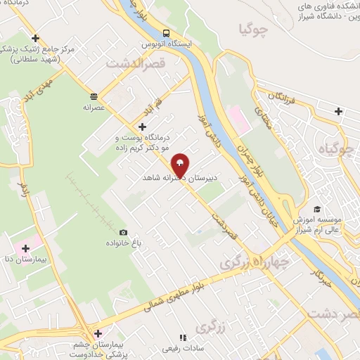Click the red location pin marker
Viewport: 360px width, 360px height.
180,165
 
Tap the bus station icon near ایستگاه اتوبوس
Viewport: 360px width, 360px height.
166,33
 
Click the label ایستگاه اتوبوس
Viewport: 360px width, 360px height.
167,44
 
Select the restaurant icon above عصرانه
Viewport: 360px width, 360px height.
94,97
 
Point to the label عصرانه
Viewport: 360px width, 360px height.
94,108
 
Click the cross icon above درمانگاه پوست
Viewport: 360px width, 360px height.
143,127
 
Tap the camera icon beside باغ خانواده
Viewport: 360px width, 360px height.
124,232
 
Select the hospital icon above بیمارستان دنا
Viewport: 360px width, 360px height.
26,247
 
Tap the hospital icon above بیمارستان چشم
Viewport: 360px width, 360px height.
97,333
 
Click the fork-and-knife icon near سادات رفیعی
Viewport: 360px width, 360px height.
182,337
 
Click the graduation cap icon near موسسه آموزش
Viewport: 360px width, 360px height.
317,209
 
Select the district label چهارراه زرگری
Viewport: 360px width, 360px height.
255,261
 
